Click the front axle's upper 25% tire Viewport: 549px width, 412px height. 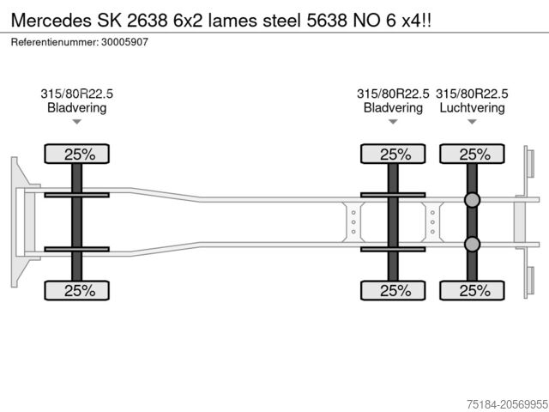[76, 154]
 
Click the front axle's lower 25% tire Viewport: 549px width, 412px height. [76, 290]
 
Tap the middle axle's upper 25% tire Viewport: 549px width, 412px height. [393, 154]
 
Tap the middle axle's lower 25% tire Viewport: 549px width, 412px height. [393, 290]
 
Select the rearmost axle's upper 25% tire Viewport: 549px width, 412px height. [472, 154]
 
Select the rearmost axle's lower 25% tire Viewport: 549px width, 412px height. [472, 290]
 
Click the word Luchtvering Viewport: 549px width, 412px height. [472, 108]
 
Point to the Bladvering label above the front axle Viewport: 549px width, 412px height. [76, 108]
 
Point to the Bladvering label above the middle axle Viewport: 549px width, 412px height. [393, 108]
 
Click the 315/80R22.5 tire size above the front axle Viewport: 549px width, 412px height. [76, 94]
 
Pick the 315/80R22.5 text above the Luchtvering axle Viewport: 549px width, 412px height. [472, 94]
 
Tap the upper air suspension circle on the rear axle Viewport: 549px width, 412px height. [472, 200]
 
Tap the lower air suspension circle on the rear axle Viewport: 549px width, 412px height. [472, 245]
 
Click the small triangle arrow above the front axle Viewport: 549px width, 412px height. [76, 123]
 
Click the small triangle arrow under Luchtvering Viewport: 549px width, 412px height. [472, 123]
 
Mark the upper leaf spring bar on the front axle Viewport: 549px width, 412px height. [76, 195]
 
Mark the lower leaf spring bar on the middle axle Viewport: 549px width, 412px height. [393, 249]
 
